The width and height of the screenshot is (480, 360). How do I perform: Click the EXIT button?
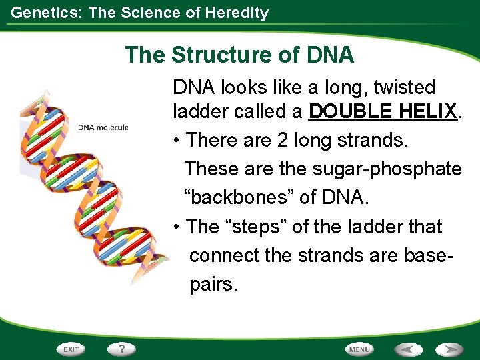click(72, 349)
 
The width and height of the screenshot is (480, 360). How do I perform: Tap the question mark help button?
click(122, 349)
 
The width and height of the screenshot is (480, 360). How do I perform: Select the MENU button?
click(359, 349)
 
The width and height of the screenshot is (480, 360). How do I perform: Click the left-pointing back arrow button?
click(407, 349)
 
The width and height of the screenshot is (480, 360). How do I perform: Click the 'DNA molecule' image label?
click(103, 127)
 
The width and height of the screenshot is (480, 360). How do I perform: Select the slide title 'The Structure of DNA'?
click(239, 55)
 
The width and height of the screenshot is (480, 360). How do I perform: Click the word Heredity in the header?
click(237, 13)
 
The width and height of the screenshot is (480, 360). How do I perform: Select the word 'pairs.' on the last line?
click(213, 285)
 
